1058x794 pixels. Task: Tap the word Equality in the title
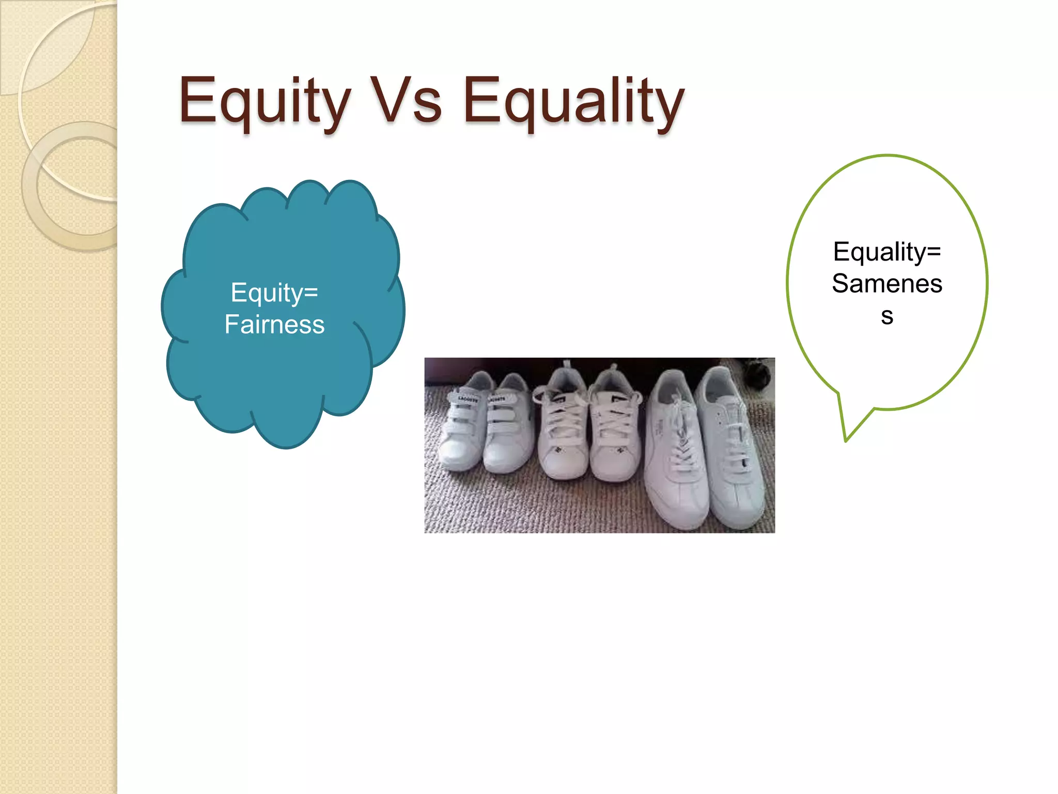click(573, 101)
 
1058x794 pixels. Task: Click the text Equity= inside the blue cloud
click(274, 293)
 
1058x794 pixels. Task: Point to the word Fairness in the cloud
click(274, 325)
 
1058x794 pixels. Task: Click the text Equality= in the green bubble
click(887, 252)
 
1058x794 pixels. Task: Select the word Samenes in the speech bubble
click(887, 284)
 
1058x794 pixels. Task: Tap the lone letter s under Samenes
click(887, 316)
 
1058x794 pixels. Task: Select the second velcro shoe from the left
click(506, 429)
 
